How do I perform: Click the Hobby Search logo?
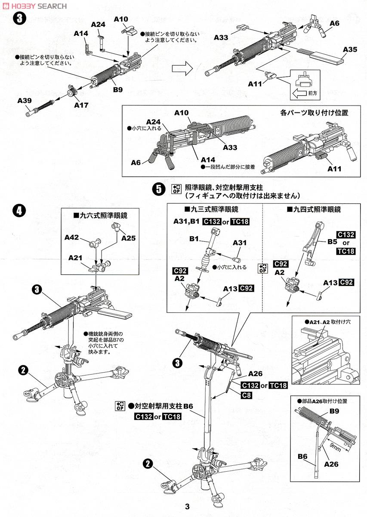34,6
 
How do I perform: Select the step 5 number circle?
159,188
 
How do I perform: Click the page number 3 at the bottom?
187,507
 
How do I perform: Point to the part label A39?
25,100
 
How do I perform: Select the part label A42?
72,237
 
